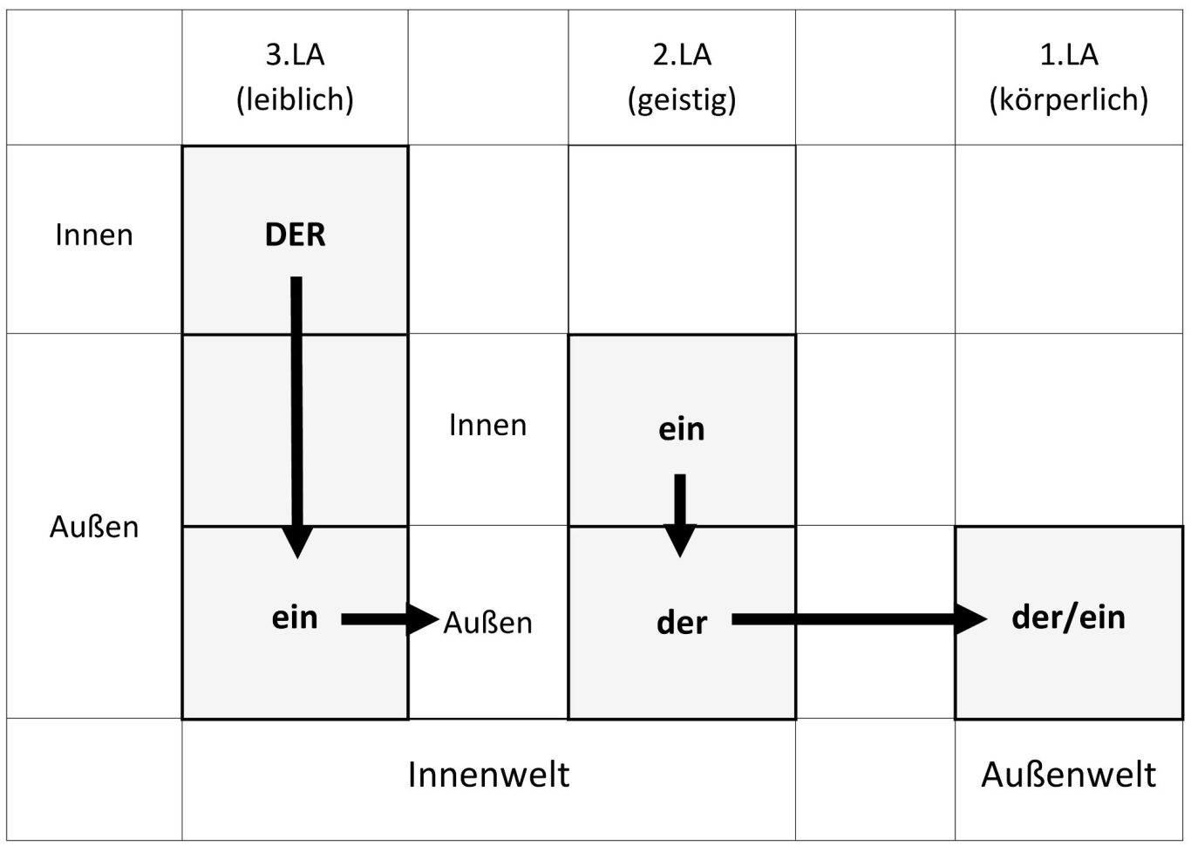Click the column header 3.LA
tap(295, 55)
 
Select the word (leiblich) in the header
tap(295, 99)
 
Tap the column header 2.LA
tap(682, 55)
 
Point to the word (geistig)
tap(682, 100)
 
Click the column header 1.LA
tap(1069, 55)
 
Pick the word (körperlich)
tap(1069, 100)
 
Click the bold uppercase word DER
tap(295, 235)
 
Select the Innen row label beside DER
tap(94, 235)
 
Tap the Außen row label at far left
tap(94, 527)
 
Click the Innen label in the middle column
tap(487, 426)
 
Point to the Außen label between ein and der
tap(487, 623)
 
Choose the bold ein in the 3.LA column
tap(295, 617)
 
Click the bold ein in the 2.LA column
tap(682, 429)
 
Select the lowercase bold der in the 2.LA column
tap(682, 624)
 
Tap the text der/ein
tap(1068, 617)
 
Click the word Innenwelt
tap(488, 774)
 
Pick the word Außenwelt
tap(1069, 774)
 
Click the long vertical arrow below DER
tap(296, 418)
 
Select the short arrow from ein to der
tap(680, 515)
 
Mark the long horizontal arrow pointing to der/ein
tap(859, 619)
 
